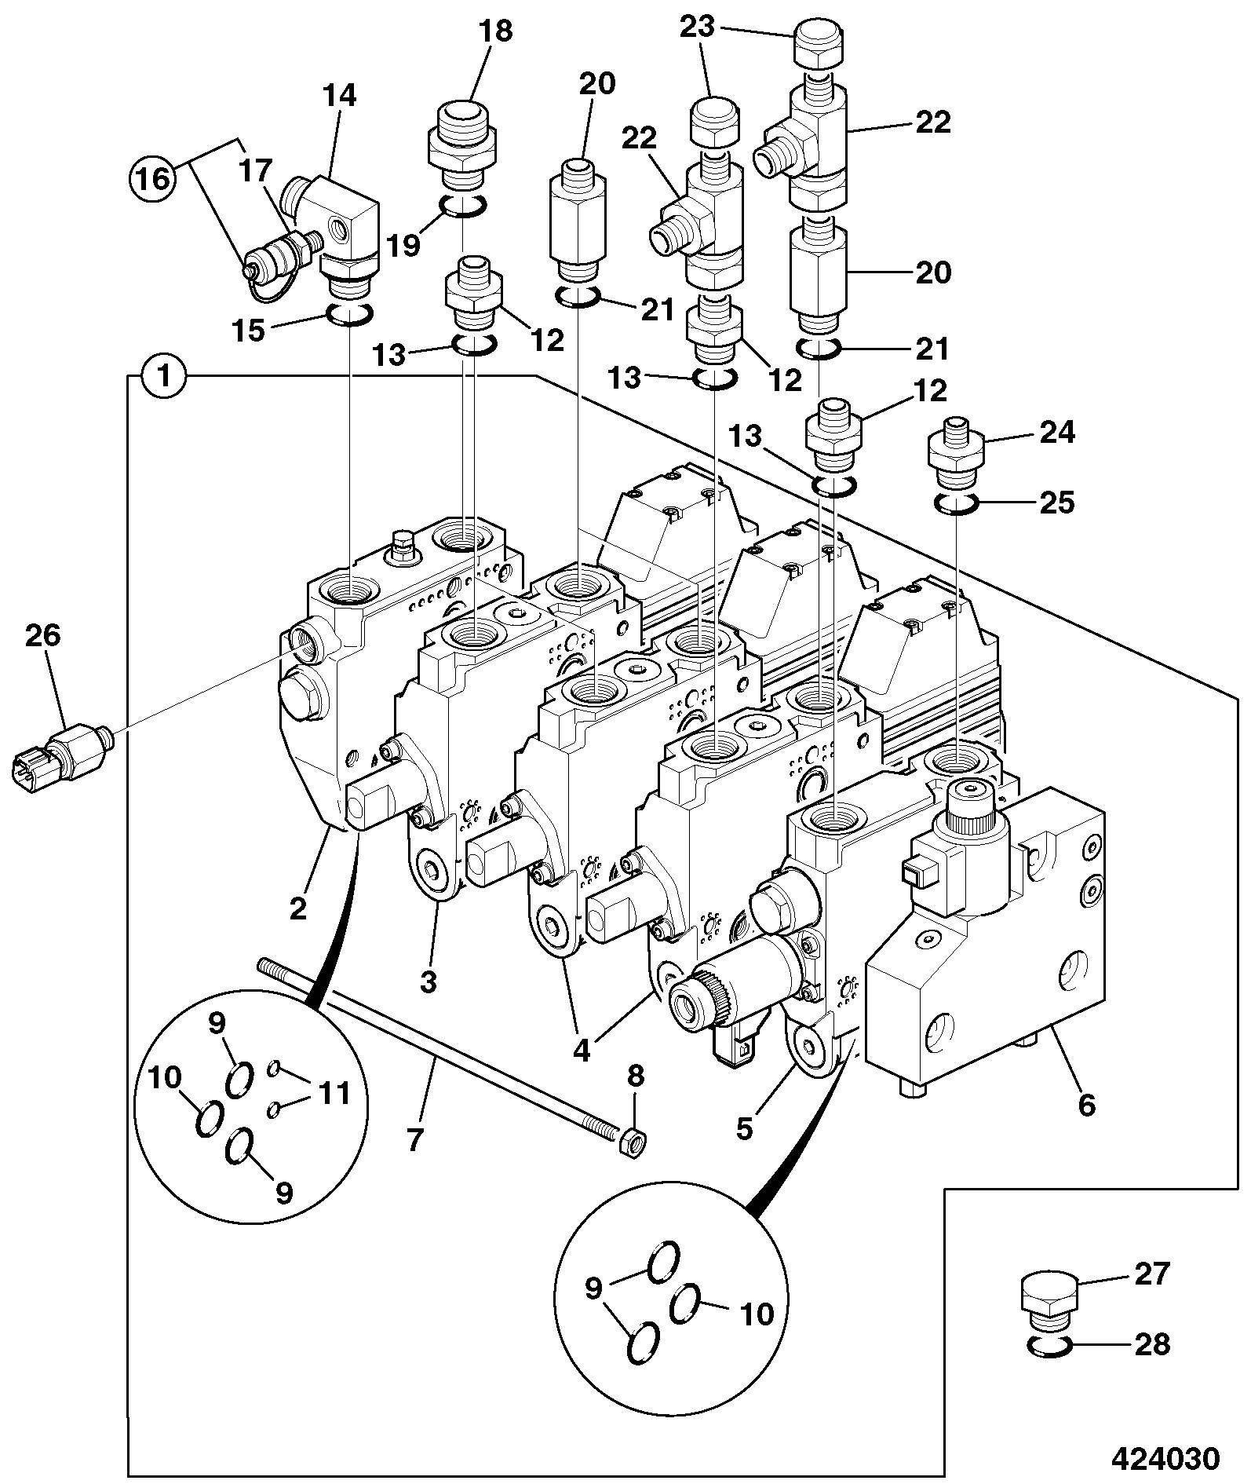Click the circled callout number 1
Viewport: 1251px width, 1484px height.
pos(165,376)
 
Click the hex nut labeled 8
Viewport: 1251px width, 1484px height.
pos(633,1142)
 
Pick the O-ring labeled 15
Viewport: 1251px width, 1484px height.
pos(348,315)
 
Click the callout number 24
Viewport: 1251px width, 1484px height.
pos(1056,433)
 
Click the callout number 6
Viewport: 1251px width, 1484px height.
pos(1086,1106)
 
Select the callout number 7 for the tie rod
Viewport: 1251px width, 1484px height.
pos(414,1139)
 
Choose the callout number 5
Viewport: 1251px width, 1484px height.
pos(744,1128)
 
